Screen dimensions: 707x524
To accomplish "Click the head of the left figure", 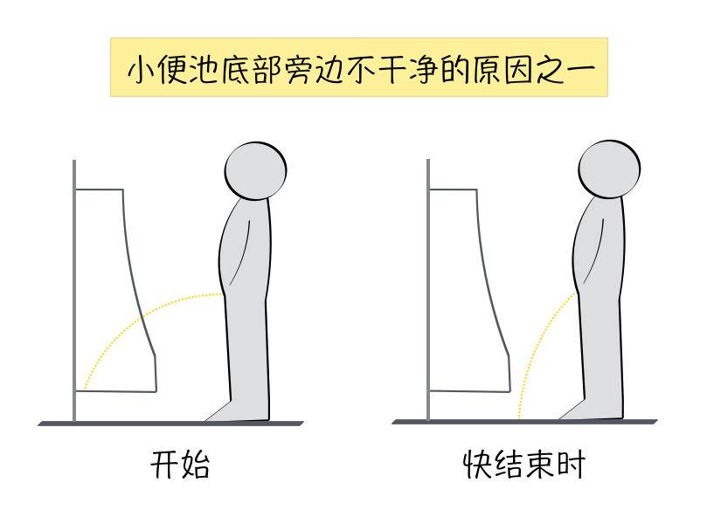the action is (255, 171).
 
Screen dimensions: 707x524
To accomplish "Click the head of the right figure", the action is (609, 169).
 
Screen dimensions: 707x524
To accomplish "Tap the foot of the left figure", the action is (237, 411).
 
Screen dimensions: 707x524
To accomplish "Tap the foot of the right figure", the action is (591, 409).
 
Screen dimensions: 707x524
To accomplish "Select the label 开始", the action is (180, 464).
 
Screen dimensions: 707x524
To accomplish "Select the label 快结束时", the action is (524, 464).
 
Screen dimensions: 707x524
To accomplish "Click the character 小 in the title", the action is (141, 69).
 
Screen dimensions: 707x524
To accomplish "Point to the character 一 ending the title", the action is (580, 70).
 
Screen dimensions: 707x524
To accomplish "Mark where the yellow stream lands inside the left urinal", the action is (84, 388).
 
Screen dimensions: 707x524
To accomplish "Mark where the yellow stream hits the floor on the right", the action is (518, 417).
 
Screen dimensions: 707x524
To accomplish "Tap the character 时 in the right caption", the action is (571, 464).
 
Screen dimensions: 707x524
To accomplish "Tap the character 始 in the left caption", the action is (195, 464).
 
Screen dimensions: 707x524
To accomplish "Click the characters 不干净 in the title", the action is (392, 69).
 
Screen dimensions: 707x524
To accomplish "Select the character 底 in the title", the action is (236, 69).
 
